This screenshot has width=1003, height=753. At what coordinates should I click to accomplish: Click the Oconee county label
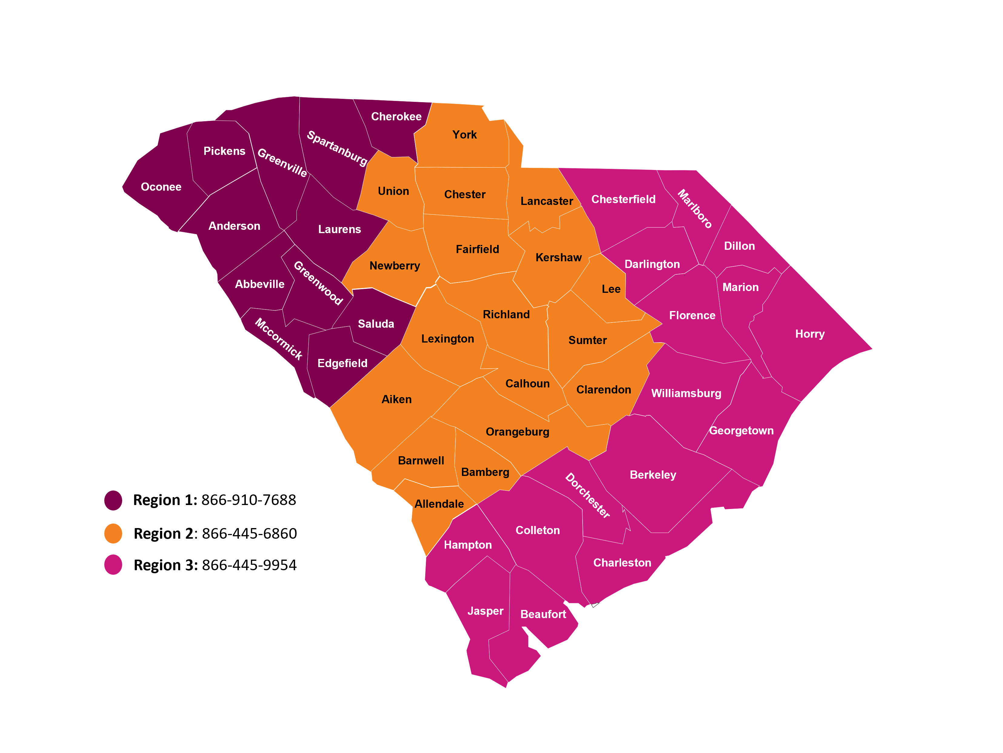[161, 187]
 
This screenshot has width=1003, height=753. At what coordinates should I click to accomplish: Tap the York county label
[464, 135]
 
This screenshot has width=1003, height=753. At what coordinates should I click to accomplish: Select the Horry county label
[810, 334]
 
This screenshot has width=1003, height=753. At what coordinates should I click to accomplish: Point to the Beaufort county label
[543, 614]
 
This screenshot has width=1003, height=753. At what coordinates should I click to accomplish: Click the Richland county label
[506, 315]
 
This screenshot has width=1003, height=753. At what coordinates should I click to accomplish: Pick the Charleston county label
[622, 563]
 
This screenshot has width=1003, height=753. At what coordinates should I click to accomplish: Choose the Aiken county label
[397, 400]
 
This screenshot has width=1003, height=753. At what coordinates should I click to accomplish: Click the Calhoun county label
[527, 383]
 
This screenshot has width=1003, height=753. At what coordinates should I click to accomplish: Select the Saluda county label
[376, 324]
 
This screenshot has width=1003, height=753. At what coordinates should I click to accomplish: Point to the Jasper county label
[485, 611]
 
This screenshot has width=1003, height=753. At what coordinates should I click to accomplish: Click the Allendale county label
[439, 504]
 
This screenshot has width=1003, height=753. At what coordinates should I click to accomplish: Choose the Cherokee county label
[396, 116]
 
